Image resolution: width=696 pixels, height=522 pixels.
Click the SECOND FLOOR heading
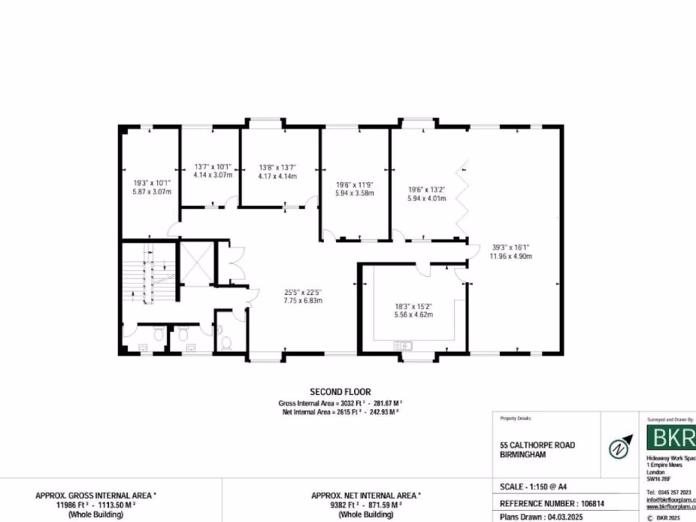pyautogui.click(x=340, y=391)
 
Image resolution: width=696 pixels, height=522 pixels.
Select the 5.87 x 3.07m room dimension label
pyautogui.click(x=152, y=192)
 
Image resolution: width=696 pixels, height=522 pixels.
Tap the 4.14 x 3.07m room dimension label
pyautogui.click(x=213, y=175)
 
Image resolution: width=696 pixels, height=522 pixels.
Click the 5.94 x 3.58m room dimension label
pyautogui.click(x=355, y=193)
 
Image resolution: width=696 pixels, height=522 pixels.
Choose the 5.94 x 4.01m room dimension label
pyautogui.click(x=426, y=198)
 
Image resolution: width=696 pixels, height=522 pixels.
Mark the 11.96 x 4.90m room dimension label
pyautogui.click(x=510, y=256)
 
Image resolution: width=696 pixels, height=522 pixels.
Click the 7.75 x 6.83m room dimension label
pyautogui.click(x=302, y=300)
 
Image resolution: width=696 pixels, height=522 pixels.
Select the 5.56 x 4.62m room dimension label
pyautogui.click(x=414, y=314)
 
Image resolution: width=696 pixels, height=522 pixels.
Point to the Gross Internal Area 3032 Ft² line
pyautogui.click(x=340, y=402)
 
